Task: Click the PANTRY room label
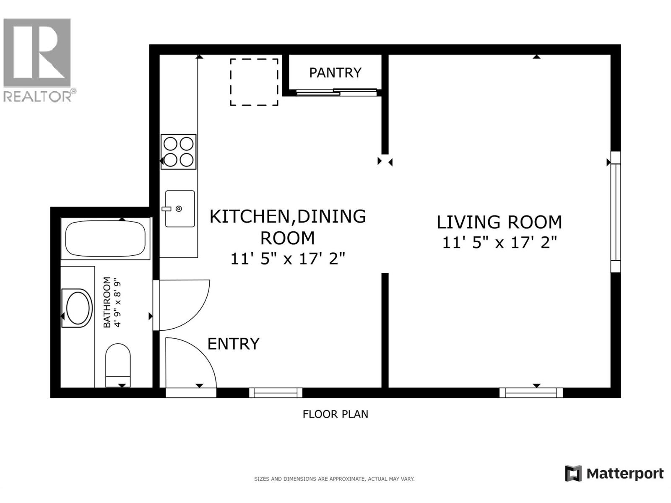tap(335, 73)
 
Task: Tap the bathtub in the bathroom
tap(105, 239)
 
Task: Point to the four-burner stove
tap(178, 152)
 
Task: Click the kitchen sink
tap(179, 209)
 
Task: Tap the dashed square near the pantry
tap(254, 82)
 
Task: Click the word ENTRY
tap(234, 344)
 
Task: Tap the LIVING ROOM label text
tap(499, 222)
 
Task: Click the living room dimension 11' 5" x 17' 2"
tap(499, 242)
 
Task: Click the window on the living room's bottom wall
tap(531, 393)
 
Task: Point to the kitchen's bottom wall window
tap(276, 393)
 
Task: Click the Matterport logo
tap(614, 474)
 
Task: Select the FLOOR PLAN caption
tap(335, 414)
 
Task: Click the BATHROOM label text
tap(107, 302)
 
